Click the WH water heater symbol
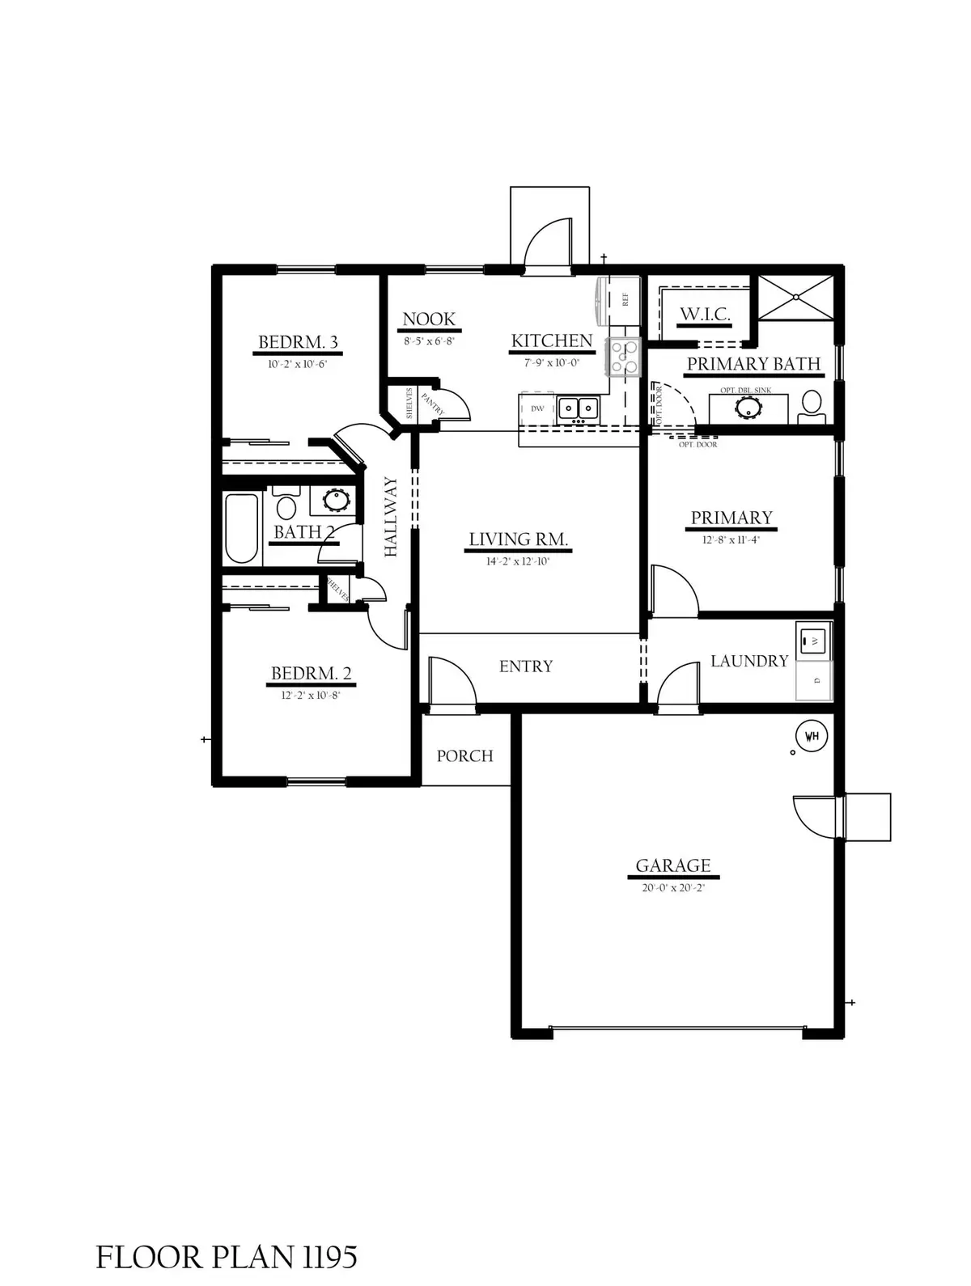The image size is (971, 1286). click(812, 737)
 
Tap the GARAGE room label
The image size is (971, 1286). click(673, 865)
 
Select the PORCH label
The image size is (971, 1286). click(464, 755)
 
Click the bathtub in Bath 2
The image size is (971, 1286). click(241, 528)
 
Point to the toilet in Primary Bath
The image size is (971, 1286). click(811, 406)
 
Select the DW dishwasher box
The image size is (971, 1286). click(537, 409)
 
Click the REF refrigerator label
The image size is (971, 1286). click(625, 299)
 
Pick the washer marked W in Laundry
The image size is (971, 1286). click(814, 641)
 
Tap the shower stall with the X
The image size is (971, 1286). click(796, 298)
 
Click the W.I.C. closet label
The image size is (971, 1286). click(705, 314)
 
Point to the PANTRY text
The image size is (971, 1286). click(433, 404)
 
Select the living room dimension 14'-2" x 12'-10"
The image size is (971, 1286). click(518, 561)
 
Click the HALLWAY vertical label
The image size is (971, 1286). click(391, 517)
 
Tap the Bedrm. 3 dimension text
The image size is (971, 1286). click(297, 364)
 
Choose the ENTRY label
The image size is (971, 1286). click(526, 666)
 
